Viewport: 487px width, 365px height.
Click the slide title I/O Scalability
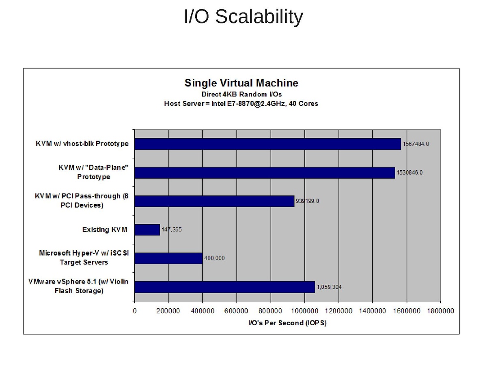tap(243, 17)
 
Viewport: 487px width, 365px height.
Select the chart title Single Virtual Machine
tap(241, 83)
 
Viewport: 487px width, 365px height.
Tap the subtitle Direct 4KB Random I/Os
tap(241, 94)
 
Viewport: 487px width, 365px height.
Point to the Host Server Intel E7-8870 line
tap(241, 103)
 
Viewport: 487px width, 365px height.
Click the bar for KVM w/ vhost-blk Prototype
tap(267, 144)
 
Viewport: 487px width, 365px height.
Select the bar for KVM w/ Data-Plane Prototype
tap(265, 173)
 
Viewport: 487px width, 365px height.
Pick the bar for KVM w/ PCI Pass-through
tap(214, 201)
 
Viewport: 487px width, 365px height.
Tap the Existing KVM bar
tap(147, 230)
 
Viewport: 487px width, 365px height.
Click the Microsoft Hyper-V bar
tap(168, 258)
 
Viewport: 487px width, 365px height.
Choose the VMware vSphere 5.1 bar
tap(224, 287)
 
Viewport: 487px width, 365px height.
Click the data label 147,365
tap(172, 230)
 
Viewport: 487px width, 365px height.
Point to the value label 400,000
tap(214, 258)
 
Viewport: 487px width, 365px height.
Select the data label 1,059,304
tap(329, 287)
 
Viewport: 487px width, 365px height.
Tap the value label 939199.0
tap(307, 201)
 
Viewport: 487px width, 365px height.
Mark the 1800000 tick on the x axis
tap(440, 311)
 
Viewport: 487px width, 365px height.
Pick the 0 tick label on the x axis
tap(135, 311)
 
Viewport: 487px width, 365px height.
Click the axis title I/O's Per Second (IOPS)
tap(287, 323)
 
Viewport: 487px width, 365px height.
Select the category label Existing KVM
tap(105, 230)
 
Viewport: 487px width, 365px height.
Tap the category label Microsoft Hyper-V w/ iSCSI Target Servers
tap(84, 258)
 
